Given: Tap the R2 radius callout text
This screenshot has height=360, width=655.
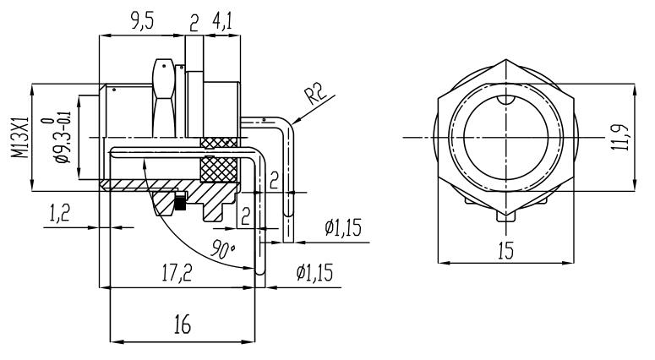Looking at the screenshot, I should [318, 92].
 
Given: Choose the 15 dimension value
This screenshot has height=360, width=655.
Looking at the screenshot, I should [505, 251].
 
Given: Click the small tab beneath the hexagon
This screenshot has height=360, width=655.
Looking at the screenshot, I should [505, 217].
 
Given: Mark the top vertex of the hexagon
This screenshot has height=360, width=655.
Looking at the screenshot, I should [505, 61].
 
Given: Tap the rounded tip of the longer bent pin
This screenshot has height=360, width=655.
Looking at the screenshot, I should [261, 273].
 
